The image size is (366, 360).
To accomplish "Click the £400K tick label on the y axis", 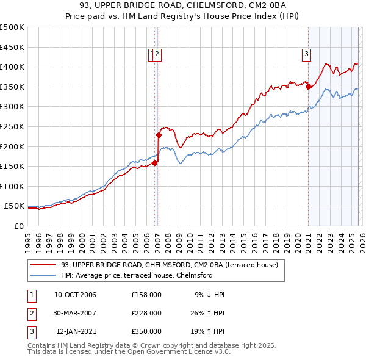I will tap(12, 67).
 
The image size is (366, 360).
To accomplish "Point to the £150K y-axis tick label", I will tap(12, 166).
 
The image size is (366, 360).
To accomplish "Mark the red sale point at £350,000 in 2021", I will tap(309, 87).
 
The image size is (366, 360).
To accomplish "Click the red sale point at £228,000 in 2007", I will tap(159, 135).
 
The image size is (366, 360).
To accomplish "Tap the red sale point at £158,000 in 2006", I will tap(154, 163).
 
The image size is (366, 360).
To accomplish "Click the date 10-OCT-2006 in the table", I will tap(75, 295).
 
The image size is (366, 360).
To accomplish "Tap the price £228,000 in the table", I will tap(146, 313).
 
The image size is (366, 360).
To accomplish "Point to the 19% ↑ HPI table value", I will tap(207, 331).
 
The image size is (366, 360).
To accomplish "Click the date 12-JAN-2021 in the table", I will tap(76, 331).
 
